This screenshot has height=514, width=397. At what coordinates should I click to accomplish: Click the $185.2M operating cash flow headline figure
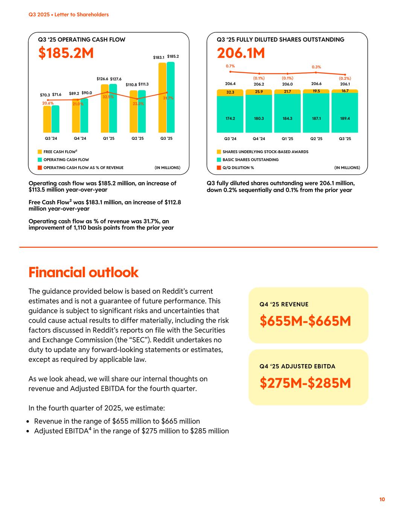coord(66,53)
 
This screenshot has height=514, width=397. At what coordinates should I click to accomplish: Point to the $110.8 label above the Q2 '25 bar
coord(131,84)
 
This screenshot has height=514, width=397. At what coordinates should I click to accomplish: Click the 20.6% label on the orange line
coord(48,103)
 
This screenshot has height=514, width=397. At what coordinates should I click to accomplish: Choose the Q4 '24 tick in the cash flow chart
coord(80,139)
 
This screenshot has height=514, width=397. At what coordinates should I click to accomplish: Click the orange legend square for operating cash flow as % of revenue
coord(40,168)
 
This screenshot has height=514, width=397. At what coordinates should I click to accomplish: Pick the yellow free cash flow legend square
coord(40,152)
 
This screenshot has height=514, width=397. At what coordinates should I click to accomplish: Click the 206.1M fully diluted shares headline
coord(241,53)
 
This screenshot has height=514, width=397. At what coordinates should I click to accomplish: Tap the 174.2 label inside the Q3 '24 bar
coord(230,118)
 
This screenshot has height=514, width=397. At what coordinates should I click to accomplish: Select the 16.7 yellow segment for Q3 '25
coord(345,91)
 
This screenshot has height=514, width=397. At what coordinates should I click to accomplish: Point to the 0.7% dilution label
coord(230,66)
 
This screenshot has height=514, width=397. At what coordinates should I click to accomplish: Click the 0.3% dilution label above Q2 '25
coord(316,67)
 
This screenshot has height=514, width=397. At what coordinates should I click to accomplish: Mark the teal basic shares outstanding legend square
coord(219,160)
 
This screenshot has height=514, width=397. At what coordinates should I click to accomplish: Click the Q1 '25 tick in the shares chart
coord(287,139)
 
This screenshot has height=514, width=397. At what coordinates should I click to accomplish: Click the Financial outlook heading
coord(84,272)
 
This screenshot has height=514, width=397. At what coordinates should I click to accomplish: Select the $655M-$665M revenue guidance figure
coord(305,321)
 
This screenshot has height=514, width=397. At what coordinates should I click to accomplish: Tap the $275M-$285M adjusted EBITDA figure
coord(305,383)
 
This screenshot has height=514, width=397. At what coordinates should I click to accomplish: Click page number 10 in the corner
coord(382,499)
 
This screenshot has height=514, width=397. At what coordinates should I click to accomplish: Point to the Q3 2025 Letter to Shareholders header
coord(68,15)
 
